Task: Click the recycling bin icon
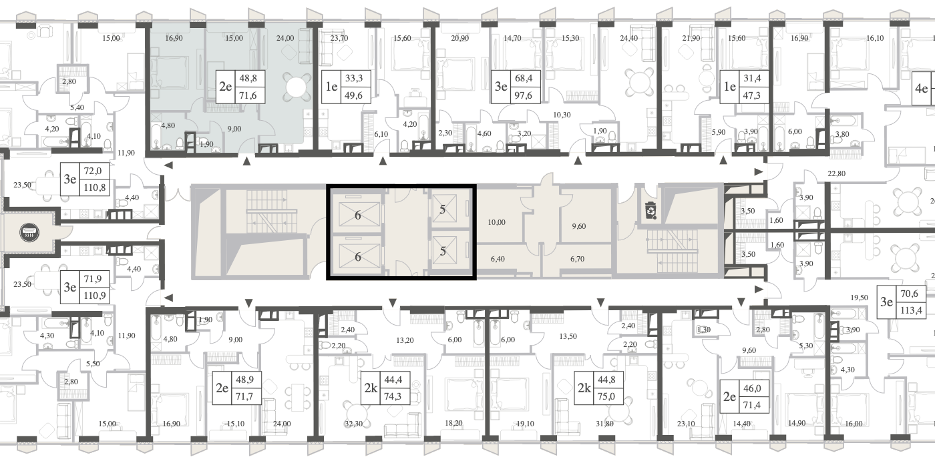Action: click(651, 210)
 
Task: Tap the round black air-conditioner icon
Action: click(29, 232)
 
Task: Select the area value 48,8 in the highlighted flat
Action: click(248, 78)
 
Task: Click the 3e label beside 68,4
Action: click(501, 87)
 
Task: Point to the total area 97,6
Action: click(522, 95)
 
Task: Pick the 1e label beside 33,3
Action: click(331, 87)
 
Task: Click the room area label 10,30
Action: click(562, 115)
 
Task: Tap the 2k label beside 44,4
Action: click(371, 388)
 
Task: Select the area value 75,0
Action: click(606, 396)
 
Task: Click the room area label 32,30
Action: click(353, 424)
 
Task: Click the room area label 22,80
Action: click(836, 173)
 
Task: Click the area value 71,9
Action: click(93, 279)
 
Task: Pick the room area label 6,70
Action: click(577, 259)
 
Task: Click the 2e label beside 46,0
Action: click(729, 397)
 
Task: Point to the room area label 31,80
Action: click(604, 424)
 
